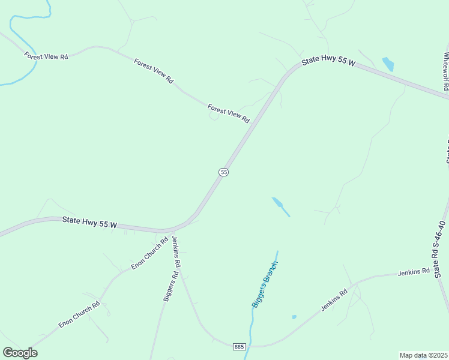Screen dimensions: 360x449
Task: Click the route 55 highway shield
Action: pos(223,172)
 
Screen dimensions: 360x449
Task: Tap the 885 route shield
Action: pos(239,347)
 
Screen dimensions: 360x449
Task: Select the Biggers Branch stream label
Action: pos(265,284)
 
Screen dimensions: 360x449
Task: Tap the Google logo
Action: pos(20,353)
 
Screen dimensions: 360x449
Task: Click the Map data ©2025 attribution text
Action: pos(424,355)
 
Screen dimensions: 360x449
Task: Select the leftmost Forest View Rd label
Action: pos(46,56)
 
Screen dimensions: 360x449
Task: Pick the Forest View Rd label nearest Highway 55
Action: pos(229,113)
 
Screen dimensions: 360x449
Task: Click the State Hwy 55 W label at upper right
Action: pos(328,61)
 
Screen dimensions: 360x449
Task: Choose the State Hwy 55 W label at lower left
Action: pos(89,223)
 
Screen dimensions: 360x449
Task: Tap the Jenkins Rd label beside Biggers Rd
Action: pos(176,251)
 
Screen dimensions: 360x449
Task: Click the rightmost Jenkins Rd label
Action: pos(414,273)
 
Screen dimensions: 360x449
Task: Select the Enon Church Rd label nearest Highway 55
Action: pos(149,257)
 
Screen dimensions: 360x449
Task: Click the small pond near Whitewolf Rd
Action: pos(388,63)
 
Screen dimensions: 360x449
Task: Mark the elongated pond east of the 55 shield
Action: pos(280,206)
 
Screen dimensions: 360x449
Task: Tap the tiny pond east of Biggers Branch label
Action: pos(294,317)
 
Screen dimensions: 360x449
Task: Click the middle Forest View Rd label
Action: pos(154,71)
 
